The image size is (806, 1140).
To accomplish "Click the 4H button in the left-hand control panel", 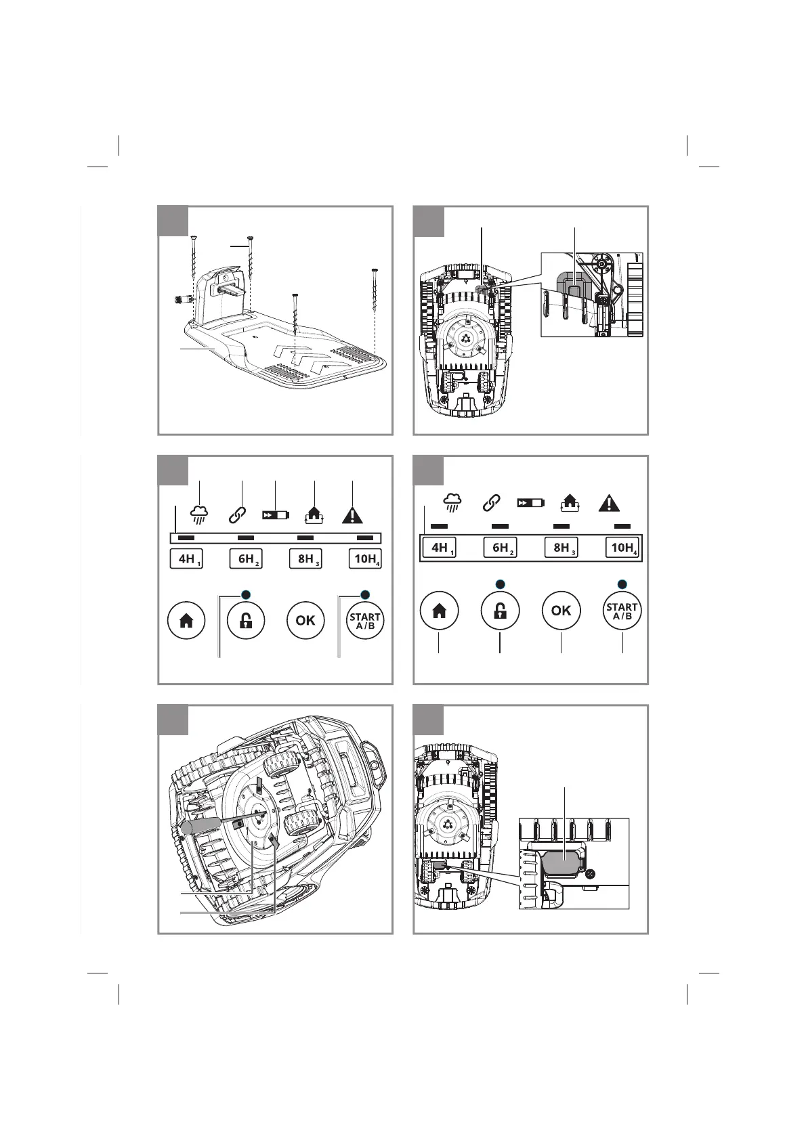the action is click(186, 559).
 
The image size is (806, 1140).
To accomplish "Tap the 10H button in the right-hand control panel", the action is click(622, 548).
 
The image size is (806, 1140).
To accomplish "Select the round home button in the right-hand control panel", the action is click(439, 611).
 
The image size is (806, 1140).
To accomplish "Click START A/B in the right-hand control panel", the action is click(622, 611).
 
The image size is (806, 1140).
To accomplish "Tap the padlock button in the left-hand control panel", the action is click(246, 620).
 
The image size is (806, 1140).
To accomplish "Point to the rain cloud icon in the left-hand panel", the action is click(198, 514).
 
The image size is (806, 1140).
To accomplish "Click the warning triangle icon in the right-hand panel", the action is click(610, 504).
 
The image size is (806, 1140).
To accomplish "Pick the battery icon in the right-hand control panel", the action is click(530, 503).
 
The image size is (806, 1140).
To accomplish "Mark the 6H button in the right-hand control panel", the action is click(501, 548).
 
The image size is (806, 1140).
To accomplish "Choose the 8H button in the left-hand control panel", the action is click(305, 559).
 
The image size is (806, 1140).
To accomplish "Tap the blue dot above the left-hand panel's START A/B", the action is click(365, 594).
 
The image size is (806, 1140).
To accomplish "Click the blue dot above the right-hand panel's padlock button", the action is click(500, 584).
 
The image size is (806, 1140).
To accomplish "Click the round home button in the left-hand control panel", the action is click(186, 620).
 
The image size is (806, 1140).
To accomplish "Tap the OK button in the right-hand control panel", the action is click(561, 611).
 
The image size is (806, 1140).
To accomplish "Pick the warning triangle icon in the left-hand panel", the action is click(352, 514).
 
